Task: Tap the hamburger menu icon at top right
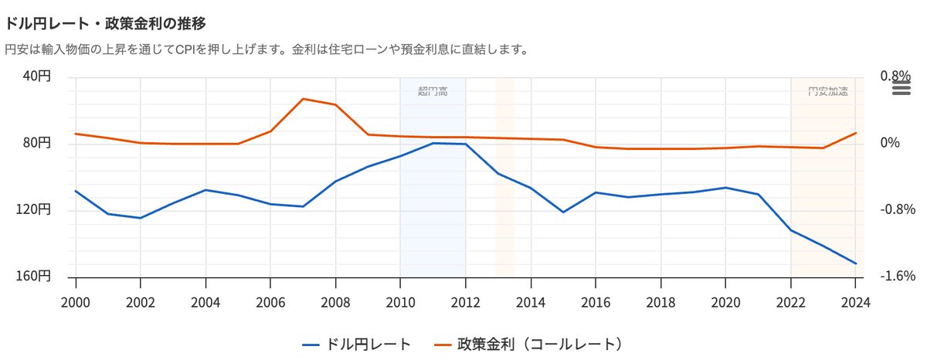point(901,88)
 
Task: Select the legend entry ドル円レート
point(356,342)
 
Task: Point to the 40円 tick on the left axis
point(36,76)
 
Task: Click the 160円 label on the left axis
point(34,277)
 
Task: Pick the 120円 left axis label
point(34,210)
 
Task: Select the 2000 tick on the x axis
point(75,302)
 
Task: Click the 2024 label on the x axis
point(856,302)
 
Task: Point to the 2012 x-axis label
point(465,302)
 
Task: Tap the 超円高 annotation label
point(433,91)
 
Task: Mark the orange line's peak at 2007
point(303,99)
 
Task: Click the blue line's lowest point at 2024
point(856,263)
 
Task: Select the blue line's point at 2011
point(433,143)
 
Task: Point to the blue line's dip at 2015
point(563,212)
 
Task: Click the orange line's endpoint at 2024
point(856,133)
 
